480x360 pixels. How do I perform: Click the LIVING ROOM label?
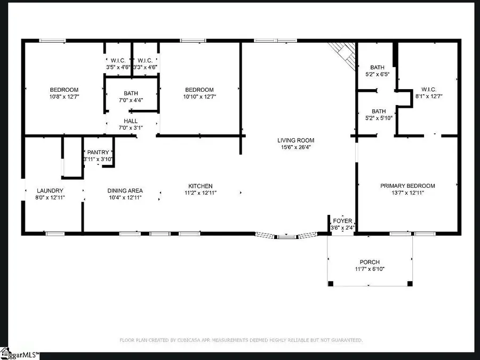coord(295,140)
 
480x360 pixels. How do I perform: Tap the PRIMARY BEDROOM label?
coord(407,186)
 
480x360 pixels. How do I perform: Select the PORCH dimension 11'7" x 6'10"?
coord(370,269)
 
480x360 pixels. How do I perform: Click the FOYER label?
coord(342,221)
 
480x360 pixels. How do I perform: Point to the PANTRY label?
coord(98,153)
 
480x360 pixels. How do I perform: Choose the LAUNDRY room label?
coord(50,191)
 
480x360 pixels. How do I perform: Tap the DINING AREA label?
coord(125,191)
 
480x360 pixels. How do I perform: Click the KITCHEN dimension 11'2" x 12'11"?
coord(201,193)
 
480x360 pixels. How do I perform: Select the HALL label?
coord(131,121)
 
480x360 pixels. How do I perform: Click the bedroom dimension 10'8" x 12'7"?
coord(65,97)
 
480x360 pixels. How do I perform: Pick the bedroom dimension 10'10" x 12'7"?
coord(199,97)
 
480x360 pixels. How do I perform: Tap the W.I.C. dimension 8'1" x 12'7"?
coord(429,96)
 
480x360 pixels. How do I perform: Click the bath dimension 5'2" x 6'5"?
coord(377,74)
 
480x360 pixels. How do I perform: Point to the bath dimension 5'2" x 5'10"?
coord(379,118)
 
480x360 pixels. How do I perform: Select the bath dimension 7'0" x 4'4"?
coord(131,100)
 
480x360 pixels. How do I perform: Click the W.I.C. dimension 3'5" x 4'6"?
coord(118,67)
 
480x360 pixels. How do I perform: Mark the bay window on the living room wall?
coord(286,236)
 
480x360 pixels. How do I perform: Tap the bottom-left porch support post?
coord(331,284)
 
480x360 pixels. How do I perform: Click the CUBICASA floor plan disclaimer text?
coord(241,340)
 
